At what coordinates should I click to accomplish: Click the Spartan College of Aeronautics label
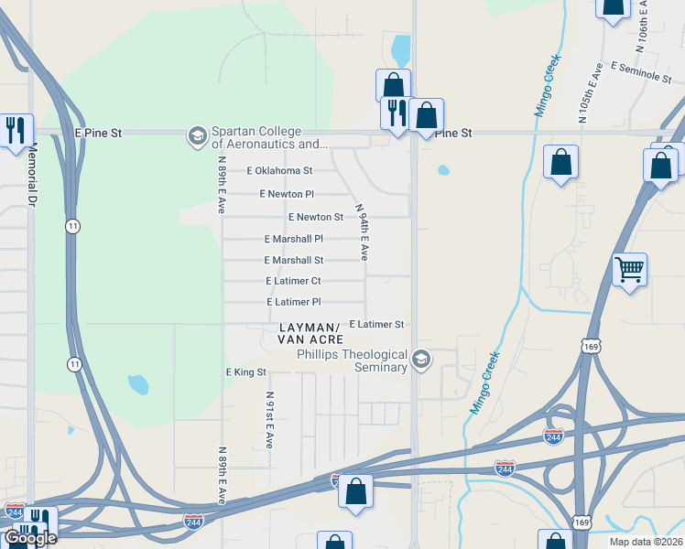tap(270, 137)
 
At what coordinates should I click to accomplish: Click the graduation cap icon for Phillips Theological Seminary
tap(421, 360)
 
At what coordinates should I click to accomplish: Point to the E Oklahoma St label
tap(280, 171)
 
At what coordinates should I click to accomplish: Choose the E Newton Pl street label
tap(287, 194)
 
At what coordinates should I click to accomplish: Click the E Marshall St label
tap(293, 260)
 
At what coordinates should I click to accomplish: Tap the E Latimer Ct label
tap(293, 281)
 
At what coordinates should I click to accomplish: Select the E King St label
tap(245, 372)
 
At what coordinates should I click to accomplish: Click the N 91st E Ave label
tap(269, 419)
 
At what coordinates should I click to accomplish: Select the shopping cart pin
tap(629, 270)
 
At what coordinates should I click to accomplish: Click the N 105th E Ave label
tap(591, 93)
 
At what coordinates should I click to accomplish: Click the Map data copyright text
tap(646, 542)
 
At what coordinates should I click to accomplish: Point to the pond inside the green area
tap(137, 384)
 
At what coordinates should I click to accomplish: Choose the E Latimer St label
tap(376, 324)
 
